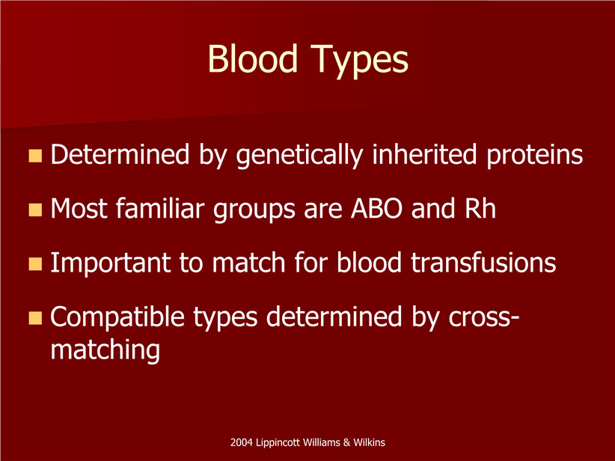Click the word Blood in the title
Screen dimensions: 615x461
[x=253, y=58]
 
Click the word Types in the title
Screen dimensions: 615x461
[x=359, y=61]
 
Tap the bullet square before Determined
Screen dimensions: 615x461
[x=35, y=156]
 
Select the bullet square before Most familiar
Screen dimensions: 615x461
[x=35, y=210]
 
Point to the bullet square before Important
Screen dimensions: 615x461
[x=35, y=264]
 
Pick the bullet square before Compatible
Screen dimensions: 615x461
[x=35, y=318]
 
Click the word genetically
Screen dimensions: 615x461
[x=299, y=156]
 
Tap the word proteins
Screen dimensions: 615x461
[x=535, y=156]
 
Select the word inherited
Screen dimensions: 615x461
[x=424, y=154]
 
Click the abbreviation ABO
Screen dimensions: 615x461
[x=376, y=209]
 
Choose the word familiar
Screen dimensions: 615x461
[x=160, y=208]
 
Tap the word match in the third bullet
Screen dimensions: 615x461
[x=248, y=263]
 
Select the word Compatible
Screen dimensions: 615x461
[x=117, y=318]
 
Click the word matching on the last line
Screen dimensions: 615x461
[x=105, y=350]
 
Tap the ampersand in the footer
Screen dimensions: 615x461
[x=346, y=442]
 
